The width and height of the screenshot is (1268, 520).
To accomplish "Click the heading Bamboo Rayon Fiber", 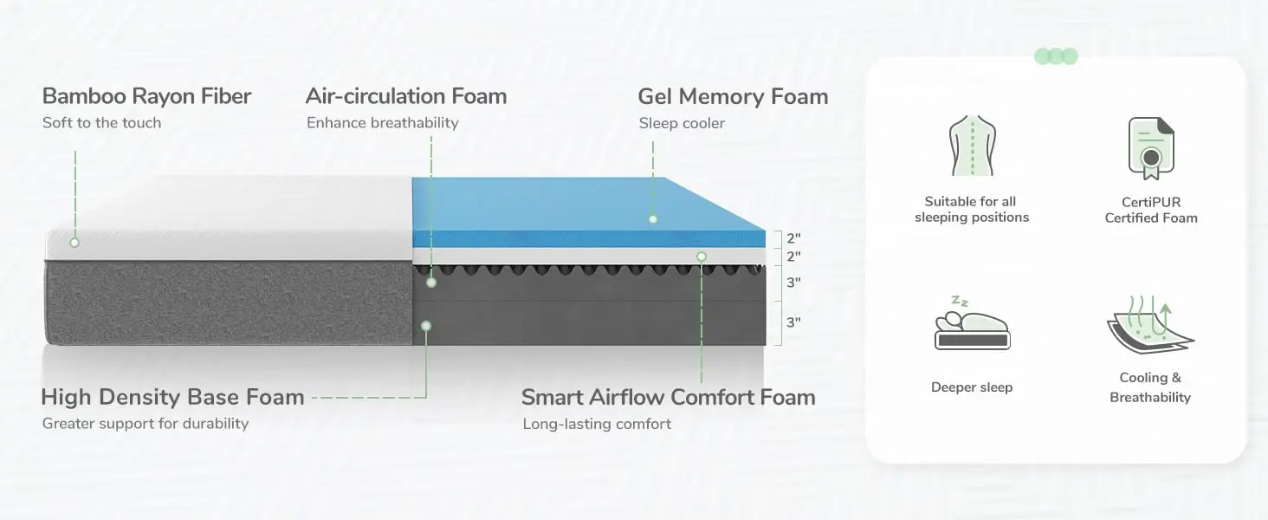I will (146, 96).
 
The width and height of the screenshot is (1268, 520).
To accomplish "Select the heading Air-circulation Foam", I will (406, 96).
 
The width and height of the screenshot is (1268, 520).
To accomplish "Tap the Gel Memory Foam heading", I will (733, 96).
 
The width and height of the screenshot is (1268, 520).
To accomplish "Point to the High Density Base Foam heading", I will (172, 398).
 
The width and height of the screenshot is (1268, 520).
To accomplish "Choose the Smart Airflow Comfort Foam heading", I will (668, 398).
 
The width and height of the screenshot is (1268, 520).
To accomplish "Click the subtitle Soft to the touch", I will (101, 123).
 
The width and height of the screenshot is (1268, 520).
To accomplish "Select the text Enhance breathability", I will (382, 123).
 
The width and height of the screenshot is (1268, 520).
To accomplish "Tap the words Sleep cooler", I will (682, 123).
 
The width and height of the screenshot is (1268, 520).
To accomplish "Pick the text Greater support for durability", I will (146, 424).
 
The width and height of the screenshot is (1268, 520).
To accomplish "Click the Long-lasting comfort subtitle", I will (597, 424).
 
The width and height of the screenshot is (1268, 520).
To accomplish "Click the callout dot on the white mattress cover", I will (74, 243).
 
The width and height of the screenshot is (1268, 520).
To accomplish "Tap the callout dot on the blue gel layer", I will (653, 219).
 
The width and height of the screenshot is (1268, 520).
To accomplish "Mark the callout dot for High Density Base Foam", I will (425, 326).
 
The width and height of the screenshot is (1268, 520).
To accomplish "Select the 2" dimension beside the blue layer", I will (793, 237).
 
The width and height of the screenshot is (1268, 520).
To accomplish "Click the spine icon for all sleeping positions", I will (972, 146).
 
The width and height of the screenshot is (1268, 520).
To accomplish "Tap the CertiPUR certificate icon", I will (1151, 148).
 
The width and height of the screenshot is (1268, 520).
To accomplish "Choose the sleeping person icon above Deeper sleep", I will (972, 325).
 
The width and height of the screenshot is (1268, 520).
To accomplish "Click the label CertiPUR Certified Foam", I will (1151, 210).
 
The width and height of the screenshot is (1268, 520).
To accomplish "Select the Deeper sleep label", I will (972, 387).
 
